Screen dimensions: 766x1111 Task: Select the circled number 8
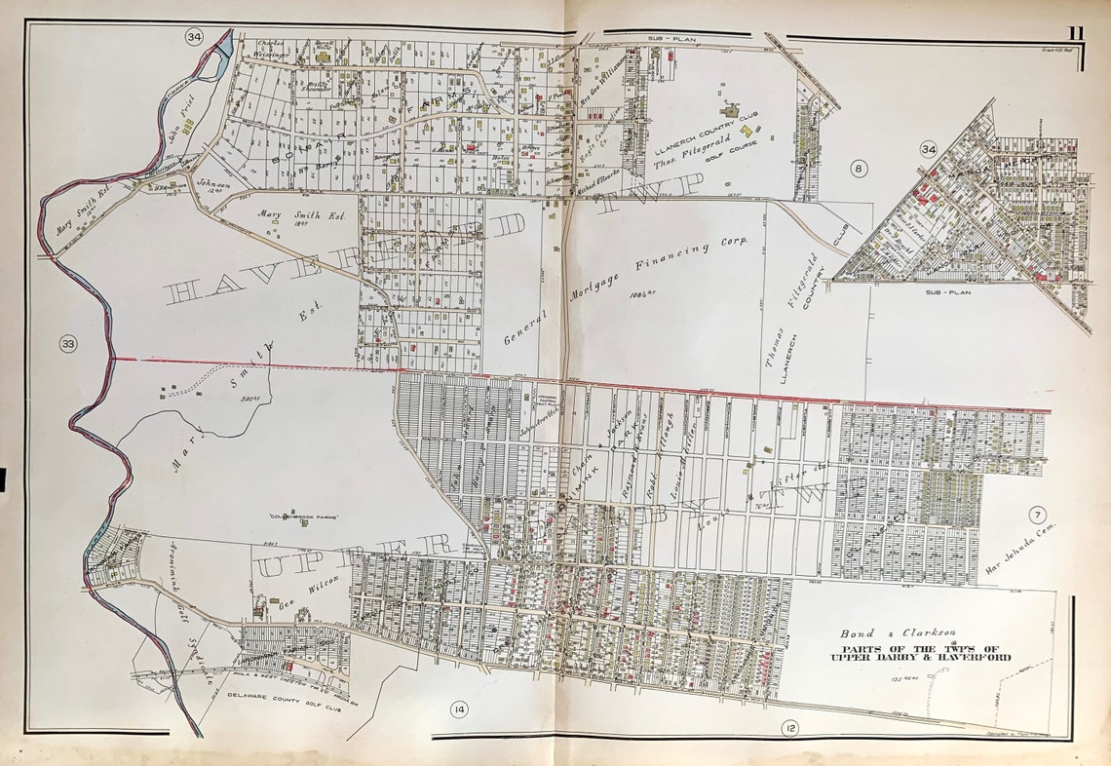[858, 168]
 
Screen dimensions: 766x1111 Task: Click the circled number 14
[458, 709]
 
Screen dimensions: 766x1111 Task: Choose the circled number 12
[788, 726]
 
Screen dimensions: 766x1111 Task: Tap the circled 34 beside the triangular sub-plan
[928, 149]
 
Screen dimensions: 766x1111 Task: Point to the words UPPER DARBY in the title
[869, 658]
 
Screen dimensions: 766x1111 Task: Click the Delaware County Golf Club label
[272, 695]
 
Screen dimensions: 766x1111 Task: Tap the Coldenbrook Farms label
[303, 517]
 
